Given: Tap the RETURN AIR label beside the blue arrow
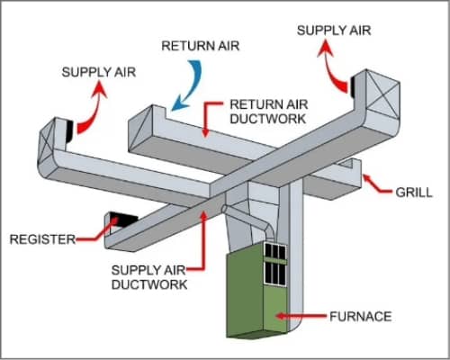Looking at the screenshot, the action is [201, 46].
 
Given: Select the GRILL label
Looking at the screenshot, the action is [414, 193].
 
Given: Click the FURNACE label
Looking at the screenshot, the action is [361, 317].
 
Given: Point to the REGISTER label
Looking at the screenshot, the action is [42, 239].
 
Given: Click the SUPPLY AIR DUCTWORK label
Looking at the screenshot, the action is [149, 277].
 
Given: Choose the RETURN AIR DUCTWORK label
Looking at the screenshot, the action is [268, 112].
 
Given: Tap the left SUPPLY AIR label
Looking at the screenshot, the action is [99, 72].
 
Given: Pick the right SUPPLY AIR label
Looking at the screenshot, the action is [334, 31].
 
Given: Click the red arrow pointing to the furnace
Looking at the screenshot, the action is [301, 316].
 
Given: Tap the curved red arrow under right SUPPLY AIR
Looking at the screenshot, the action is [333, 70].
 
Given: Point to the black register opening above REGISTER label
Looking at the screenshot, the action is [123, 219].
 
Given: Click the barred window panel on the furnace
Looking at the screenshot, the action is [274, 264].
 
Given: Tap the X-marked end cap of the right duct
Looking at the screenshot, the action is [382, 93].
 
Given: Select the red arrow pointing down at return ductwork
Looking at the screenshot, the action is [210, 119].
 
